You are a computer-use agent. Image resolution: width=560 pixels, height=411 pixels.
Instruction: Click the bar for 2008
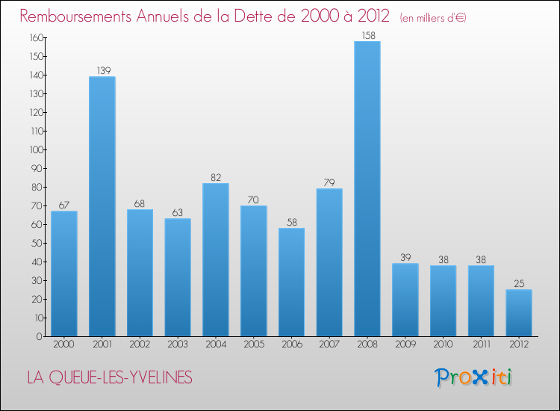pyautogui.click(x=367, y=188)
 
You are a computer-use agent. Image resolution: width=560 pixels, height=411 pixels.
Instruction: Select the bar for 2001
pyautogui.click(x=102, y=206)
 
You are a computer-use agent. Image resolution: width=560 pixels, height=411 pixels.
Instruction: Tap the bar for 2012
pyautogui.click(x=519, y=312)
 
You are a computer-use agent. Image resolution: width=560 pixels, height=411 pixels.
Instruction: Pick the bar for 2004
pyautogui.click(x=216, y=259)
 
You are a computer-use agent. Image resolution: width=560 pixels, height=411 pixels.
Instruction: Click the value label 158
pyautogui.click(x=367, y=34)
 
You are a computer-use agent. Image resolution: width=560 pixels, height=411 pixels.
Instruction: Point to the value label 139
pyautogui.click(x=102, y=70)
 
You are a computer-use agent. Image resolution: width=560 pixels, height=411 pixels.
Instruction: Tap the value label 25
pyautogui.click(x=519, y=283)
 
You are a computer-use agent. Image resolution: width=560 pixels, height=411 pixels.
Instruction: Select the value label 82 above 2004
pyautogui.click(x=216, y=177)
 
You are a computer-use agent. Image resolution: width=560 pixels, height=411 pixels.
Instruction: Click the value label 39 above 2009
pyautogui.click(x=405, y=257)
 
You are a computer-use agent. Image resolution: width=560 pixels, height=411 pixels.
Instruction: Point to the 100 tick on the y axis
pyautogui.click(x=35, y=149)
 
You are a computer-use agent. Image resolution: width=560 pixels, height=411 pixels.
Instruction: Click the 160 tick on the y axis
pyautogui.click(x=35, y=37)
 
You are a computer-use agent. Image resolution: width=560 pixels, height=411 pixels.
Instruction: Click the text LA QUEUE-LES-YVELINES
pyautogui.click(x=110, y=378)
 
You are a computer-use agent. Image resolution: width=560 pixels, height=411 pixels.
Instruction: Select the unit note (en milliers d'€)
pyautogui.click(x=433, y=18)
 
